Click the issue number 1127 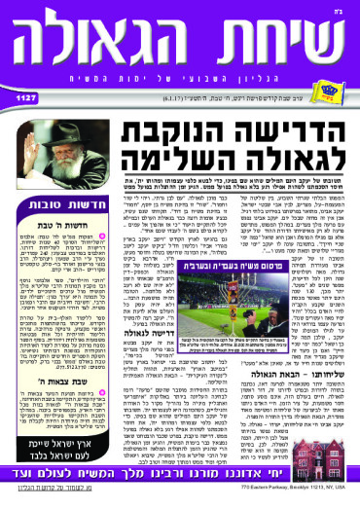[23, 96]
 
